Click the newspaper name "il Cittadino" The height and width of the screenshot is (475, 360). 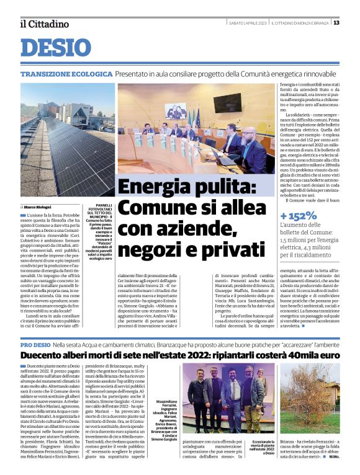point(44,24)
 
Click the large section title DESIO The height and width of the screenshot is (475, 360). point(55,48)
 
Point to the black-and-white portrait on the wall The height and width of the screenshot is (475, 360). point(176,110)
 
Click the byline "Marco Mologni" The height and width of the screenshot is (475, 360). point(37,206)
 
